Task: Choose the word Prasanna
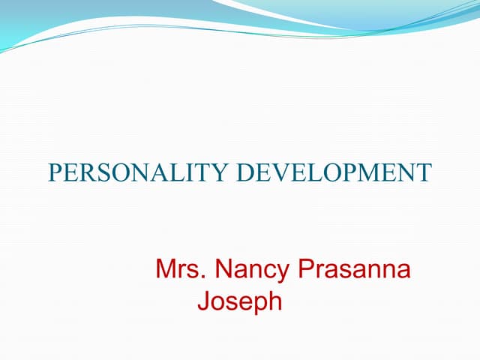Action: [355, 269]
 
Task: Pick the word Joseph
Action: [239, 302]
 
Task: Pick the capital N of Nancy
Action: [224, 268]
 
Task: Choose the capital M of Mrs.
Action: [166, 268]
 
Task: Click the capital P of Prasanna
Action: [307, 268]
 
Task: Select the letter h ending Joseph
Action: [275, 301]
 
